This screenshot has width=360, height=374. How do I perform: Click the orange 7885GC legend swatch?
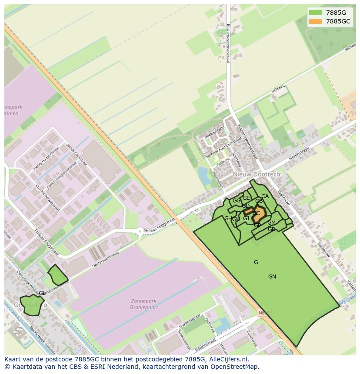pos(315,21)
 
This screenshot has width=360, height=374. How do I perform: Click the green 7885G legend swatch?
pos(315,13)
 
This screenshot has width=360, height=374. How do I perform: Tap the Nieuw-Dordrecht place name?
pos(257,174)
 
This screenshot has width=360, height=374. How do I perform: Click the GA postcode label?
pos(265,196)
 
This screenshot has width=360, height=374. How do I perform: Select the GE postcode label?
pos(246,198)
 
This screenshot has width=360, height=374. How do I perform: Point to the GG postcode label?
pos(236,201)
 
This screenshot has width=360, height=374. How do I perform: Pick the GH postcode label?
pos(228,218)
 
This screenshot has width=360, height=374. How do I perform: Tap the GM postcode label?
pos(271,223)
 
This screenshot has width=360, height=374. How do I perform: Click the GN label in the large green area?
pos(272,277)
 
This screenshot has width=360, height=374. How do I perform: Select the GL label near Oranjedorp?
pos(42,293)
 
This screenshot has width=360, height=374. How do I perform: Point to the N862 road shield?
pos(263,312)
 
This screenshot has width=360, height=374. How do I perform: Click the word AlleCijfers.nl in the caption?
pos(228,359)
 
